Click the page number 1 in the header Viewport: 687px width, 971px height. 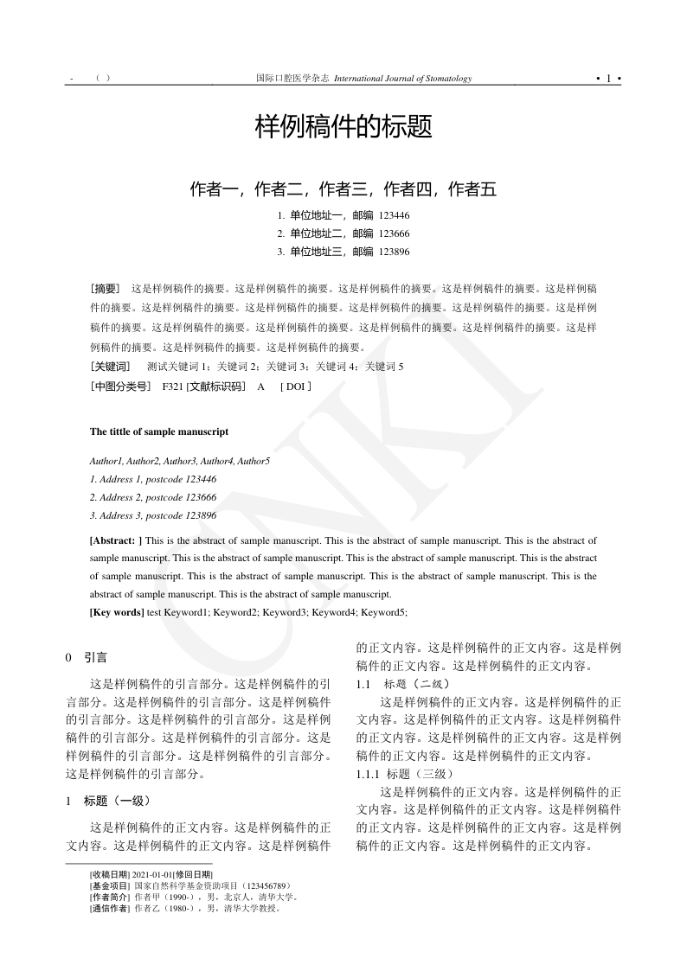(x=608, y=79)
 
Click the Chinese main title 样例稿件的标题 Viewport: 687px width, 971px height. (x=343, y=128)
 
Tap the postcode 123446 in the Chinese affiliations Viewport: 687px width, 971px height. (x=395, y=215)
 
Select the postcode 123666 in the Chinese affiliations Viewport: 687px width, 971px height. (x=395, y=233)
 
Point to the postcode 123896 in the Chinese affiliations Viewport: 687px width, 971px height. (x=395, y=252)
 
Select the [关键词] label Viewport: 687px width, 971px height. (x=110, y=366)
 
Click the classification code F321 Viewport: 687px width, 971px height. (x=171, y=386)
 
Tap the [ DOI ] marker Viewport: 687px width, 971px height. (x=295, y=386)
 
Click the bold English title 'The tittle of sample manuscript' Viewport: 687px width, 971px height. (x=159, y=431)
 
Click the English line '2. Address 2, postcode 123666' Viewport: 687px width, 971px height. (x=153, y=497)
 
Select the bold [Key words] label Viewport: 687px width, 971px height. (x=117, y=612)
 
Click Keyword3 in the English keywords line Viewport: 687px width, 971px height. (x=285, y=612)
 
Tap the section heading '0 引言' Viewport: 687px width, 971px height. (x=87, y=657)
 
